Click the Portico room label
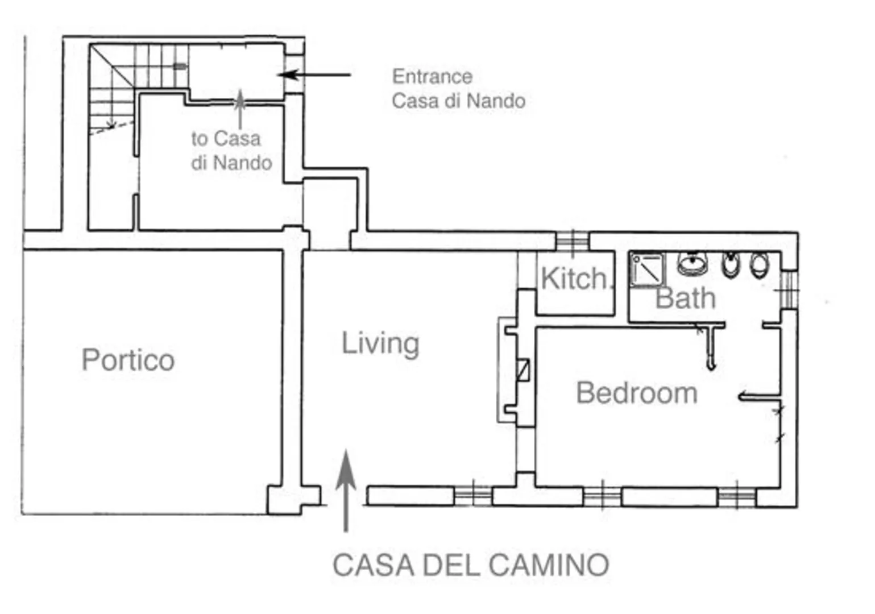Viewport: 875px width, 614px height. tap(128, 360)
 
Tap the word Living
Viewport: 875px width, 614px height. tap(380, 343)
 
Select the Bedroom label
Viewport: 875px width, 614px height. tap(637, 393)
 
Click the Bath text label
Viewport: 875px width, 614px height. tap(686, 298)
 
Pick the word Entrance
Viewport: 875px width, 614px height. tap(432, 76)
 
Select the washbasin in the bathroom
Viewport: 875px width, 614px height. tap(692, 264)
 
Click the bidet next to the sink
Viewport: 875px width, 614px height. tap(731, 264)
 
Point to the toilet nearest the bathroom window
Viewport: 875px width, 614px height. tap(759, 265)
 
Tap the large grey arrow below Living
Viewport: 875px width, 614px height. tap(345, 489)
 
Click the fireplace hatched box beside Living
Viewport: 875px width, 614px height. tap(522, 370)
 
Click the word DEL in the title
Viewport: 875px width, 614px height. tap(452, 565)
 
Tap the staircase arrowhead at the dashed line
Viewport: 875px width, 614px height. tap(111, 124)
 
